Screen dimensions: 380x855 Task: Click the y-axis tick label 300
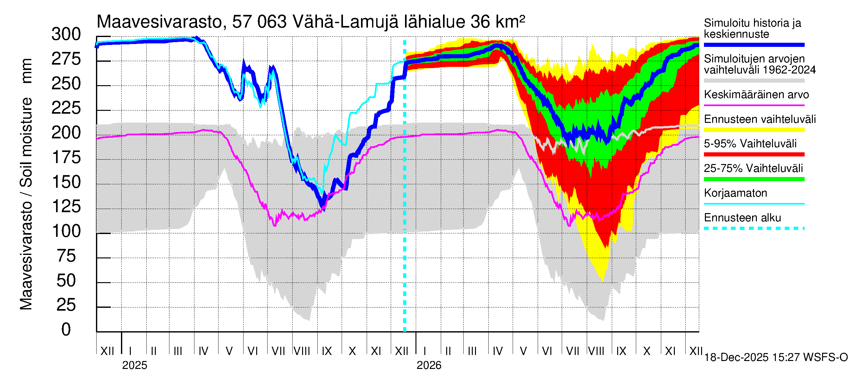[66, 35]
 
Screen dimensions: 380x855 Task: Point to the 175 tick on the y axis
[66, 158]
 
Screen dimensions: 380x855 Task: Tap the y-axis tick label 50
[66, 281]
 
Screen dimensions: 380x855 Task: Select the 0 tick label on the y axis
[66, 330]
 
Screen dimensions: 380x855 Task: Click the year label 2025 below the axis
[134, 365]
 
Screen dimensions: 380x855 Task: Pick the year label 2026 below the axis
[429, 365]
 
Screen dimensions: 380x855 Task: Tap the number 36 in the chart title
[480, 22]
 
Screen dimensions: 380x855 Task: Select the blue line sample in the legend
[754, 45]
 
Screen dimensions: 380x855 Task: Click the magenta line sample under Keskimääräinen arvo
[754, 105]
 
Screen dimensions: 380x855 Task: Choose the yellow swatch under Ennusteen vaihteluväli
[754, 130]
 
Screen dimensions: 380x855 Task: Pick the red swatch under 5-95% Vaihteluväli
[754, 154]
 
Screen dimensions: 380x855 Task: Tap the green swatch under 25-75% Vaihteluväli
[754, 179]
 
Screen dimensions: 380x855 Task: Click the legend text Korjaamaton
[736, 193]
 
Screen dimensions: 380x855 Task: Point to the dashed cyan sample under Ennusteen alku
[754, 228]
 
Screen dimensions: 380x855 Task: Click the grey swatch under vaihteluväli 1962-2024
[754, 81]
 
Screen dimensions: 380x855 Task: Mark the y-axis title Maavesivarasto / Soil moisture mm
[26, 184]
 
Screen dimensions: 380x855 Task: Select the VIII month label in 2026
[596, 351]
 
